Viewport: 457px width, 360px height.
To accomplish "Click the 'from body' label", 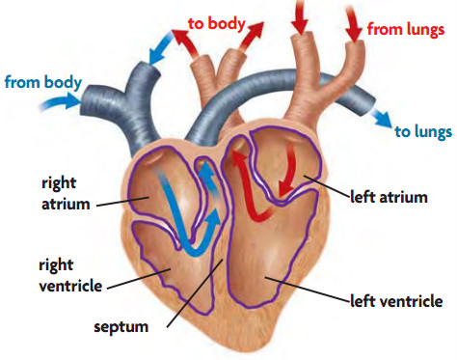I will coord(41,81).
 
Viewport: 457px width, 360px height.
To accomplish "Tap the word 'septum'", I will coord(121,327).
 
